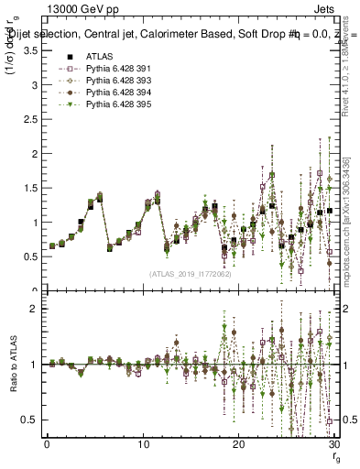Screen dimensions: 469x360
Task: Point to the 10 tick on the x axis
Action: pyautogui.click(x=143, y=444)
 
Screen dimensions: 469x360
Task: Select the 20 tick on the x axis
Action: pyautogui.click(x=238, y=444)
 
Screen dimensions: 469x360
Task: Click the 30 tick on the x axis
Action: pyautogui.click(x=333, y=444)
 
